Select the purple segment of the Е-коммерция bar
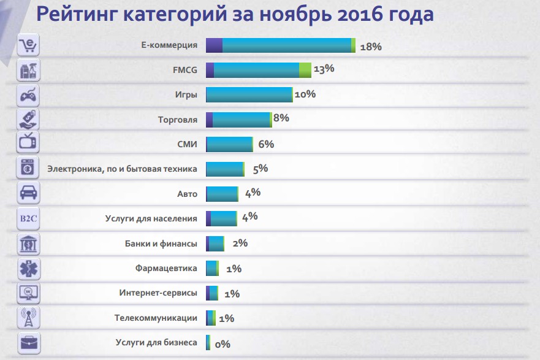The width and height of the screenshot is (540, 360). [214, 45]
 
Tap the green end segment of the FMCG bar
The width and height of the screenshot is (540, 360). [305, 70]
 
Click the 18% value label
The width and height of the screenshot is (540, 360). [371, 47]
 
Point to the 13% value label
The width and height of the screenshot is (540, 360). [324, 69]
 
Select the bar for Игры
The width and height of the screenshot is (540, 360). [249, 94]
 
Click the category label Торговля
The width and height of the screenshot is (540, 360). [178, 120]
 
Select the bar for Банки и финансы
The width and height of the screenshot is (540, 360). [216, 243]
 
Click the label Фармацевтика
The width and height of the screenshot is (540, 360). [166, 268]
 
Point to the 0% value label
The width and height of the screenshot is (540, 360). [222, 344]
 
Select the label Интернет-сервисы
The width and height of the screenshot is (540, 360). [158, 293]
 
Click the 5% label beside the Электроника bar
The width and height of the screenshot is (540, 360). [260, 169]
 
